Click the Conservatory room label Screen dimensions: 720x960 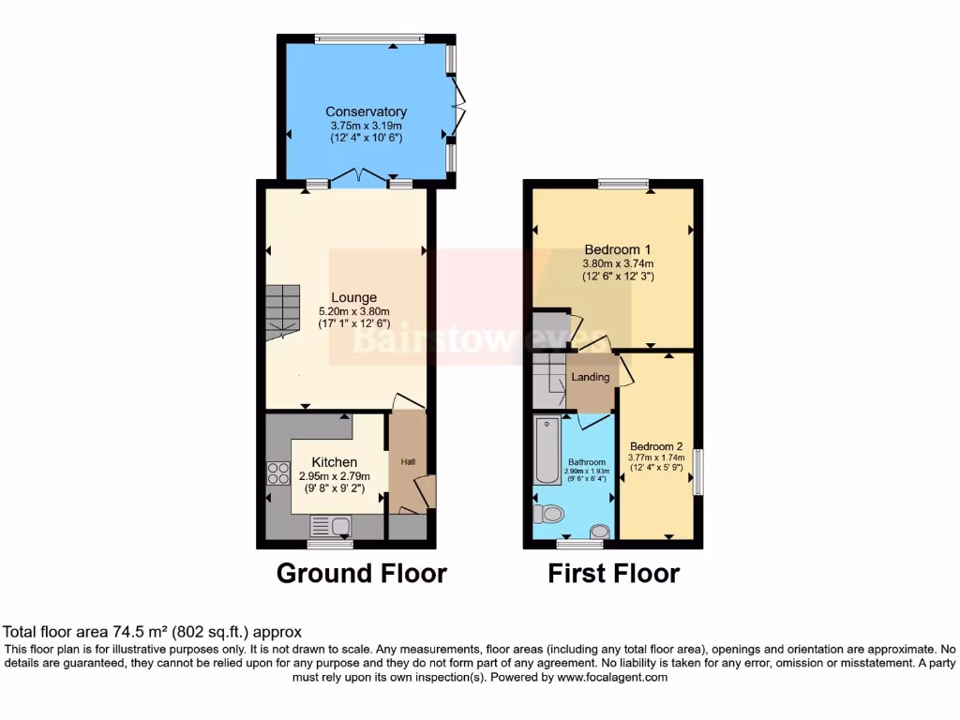pyautogui.click(x=366, y=112)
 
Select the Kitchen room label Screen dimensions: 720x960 pyautogui.click(x=334, y=462)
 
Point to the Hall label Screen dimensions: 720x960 pyautogui.click(x=409, y=462)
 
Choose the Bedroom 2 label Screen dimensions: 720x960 pyautogui.click(x=655, y=446)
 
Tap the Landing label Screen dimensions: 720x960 pyautogui.click(x=591, y=378)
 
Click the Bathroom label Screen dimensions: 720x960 pyautogui.click(x=588, y=462)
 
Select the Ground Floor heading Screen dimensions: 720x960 pyautogui.click(x=361, y=573)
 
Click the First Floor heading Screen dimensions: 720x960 pyautogui.click(x=613, y=573)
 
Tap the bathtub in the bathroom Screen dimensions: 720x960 pyautogui.click(x=547, y=451)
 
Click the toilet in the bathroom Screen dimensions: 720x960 pyautogui.click(x=549, y=513)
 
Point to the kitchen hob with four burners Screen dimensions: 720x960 pyautogui.click(x=278, y=473)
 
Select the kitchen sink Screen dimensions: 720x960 pyautogui.click(x=330, y=526)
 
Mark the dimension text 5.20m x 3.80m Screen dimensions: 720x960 pyautogui.click(x=352, y=312)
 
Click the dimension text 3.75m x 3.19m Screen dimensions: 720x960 pyautogui.click(x=366, y=126)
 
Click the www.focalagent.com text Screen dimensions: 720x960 pyautogui.click(x=614, y=677)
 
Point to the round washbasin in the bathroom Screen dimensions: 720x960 pyautogui.click(x=599, y=532)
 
